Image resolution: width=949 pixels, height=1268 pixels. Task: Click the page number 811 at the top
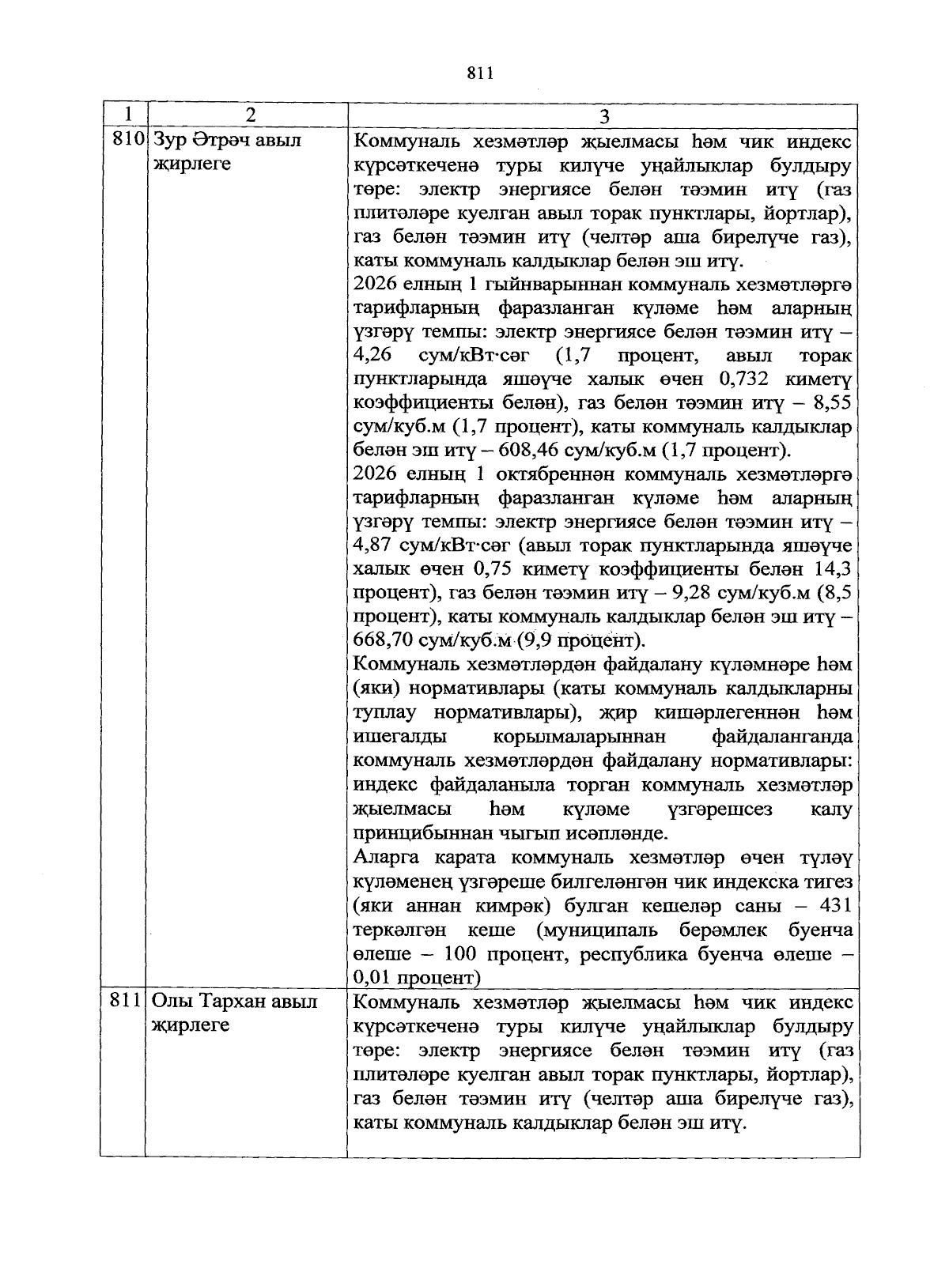tap(480, 74)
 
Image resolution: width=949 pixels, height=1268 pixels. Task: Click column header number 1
tap(124, 115)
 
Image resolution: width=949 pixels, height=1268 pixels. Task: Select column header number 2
tap(250, 115)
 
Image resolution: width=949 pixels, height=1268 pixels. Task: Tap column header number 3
tap(604, 116)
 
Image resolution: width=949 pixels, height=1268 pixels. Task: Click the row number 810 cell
tap(127, 141)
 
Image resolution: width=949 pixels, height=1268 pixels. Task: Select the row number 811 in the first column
tap(125, 1002)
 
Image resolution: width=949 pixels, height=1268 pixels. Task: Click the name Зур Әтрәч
tap(204, 141)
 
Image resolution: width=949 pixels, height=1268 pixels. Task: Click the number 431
tap(836, 906)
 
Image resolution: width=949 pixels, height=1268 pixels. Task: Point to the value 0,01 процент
tap(417, 978)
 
